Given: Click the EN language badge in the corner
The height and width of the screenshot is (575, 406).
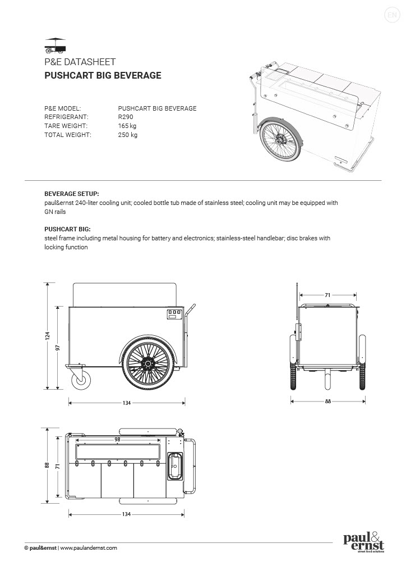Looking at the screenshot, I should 391,15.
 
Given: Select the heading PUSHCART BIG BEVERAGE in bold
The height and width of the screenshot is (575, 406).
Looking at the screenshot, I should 103,75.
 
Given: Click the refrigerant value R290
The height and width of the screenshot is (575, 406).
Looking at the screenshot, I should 126,117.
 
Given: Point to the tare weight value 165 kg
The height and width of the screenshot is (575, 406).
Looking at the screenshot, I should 127,126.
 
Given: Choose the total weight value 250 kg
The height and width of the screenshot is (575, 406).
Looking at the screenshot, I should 127,135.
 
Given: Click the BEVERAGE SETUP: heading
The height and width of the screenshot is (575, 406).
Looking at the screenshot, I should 71,193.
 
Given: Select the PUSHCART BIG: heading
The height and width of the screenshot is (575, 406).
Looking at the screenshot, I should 67,229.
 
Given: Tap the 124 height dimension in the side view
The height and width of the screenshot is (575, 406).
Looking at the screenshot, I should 48,336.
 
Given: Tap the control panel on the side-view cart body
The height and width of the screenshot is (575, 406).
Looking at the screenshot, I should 175,315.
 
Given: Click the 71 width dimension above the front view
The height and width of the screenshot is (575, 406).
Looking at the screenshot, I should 327,294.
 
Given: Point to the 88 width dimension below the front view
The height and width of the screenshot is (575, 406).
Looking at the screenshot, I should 327,401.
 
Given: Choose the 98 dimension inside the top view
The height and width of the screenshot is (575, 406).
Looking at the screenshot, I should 117,439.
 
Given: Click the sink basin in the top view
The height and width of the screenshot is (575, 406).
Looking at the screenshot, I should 176,466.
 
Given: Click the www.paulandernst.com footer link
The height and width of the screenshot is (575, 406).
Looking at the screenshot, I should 89,547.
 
